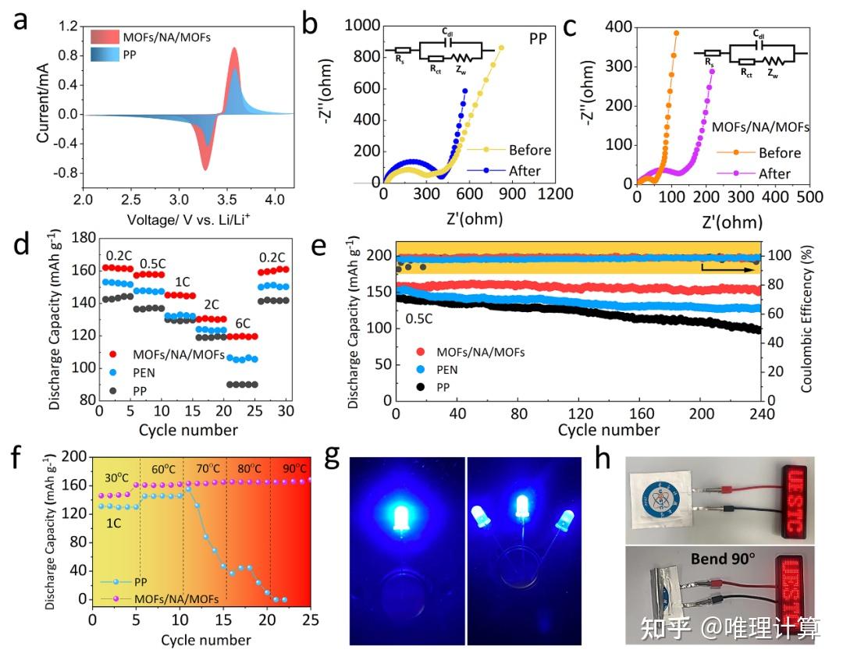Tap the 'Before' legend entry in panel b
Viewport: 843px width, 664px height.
tap(529, 151)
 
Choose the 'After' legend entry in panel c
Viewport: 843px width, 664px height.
tap(774, 173)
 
